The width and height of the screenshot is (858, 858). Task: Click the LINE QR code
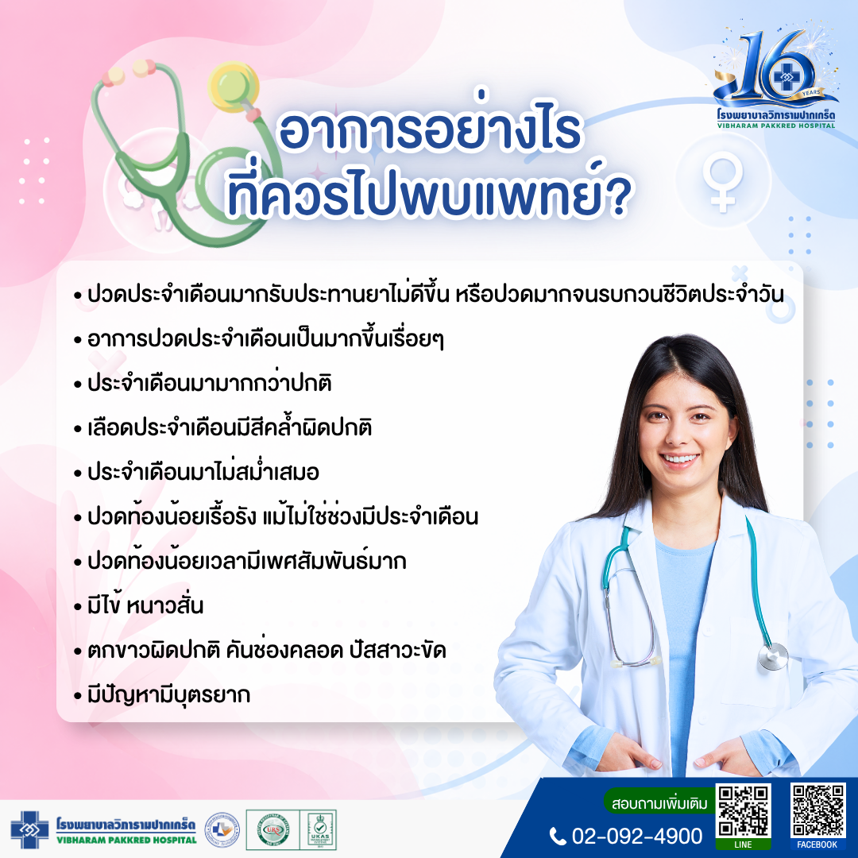pyautogui.click(x=743, y=811)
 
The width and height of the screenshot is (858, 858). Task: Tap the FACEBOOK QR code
pyautogui.click(x=817, y=810)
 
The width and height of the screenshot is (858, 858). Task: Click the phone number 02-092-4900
pyautogui.click(x=637, y=836)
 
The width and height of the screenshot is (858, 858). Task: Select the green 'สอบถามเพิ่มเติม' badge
pyautogui.click(x=659, y=803)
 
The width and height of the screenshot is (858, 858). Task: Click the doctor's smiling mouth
pyautogui.click(x=679, y=458)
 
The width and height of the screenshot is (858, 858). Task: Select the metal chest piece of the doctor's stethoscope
pyautogui.click(x=773, y=655)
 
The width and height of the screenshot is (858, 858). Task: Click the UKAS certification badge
pyautogui.click(x=319, y=829)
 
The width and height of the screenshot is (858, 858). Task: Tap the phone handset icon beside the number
pyautogui.click(x=558, y=837)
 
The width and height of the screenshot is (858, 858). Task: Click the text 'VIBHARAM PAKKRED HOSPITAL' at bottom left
pyautogui.click(x=126, y=840)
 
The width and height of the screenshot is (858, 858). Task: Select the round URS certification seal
pyautogui.click(x=273, y=829)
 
